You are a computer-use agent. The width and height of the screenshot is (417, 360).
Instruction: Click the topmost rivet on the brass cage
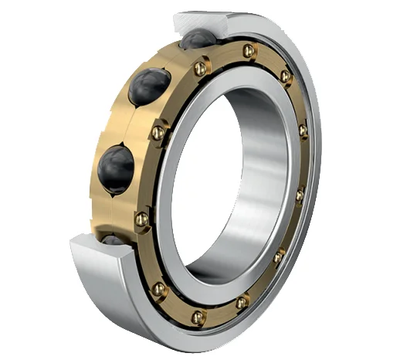248,51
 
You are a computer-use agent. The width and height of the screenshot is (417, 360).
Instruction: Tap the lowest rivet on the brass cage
198,317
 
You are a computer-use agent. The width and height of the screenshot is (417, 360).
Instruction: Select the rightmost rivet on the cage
303,131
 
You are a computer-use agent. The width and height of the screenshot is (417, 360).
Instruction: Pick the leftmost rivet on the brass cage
141,220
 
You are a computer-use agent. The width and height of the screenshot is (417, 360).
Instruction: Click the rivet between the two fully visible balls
158,133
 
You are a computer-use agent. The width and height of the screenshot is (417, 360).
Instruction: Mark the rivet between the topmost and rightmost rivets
286,76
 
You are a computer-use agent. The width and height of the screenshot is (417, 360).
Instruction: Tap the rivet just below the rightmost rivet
300,195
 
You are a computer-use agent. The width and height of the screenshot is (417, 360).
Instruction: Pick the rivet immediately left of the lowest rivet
159,289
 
